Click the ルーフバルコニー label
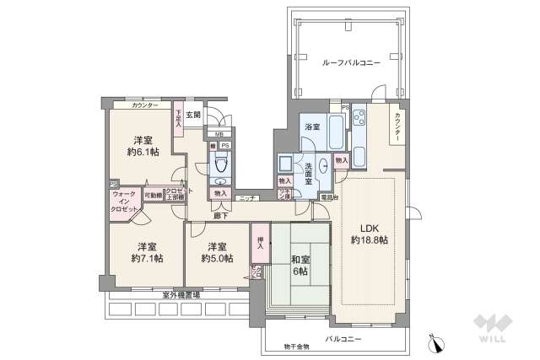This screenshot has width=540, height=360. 351,63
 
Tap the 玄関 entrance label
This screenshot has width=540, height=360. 194,116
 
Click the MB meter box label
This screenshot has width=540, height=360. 219,134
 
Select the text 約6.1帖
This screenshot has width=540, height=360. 141,153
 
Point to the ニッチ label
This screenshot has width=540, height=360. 247,198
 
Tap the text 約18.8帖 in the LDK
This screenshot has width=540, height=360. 369,240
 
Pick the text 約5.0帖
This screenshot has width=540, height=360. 217,259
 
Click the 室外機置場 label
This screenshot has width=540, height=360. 181,295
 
